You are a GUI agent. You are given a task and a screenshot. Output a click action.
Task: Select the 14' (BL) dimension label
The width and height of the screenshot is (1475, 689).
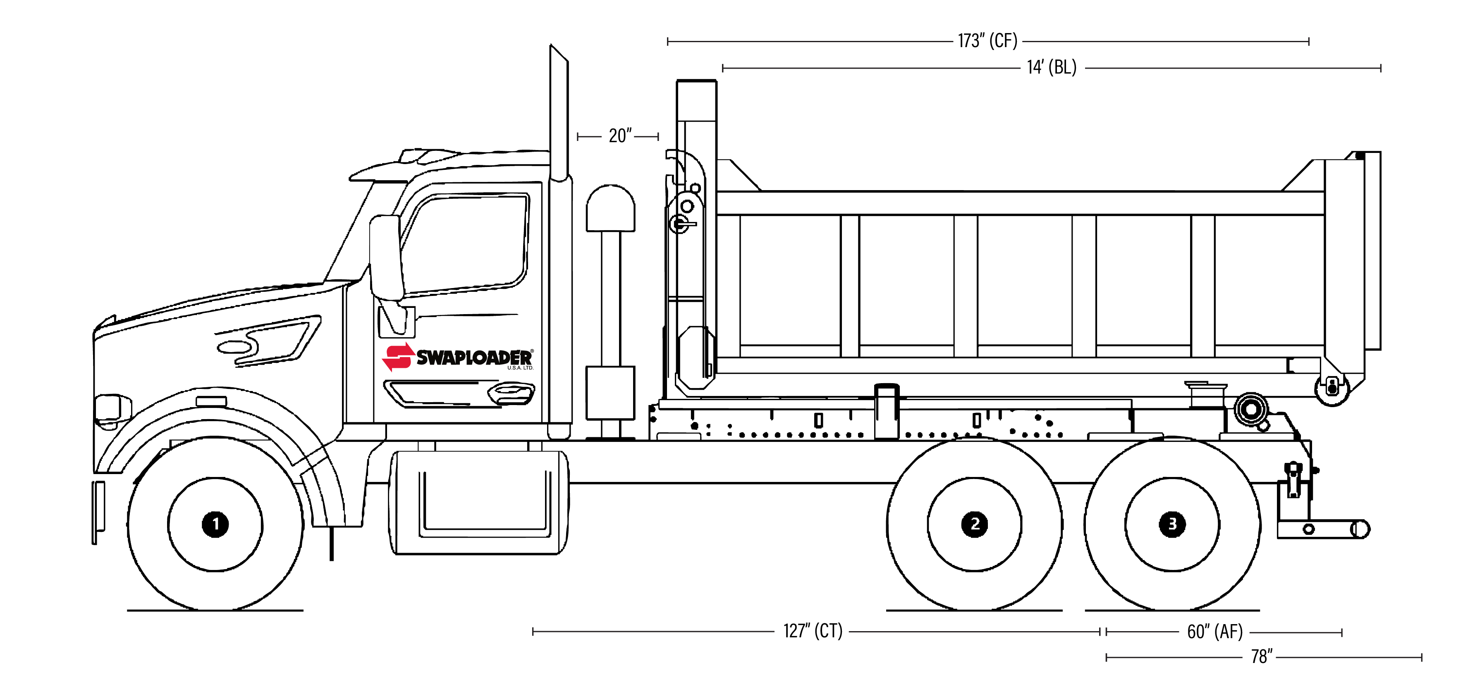coord(1051,67)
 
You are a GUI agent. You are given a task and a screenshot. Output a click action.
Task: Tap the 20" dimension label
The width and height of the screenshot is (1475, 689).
coord(619,136)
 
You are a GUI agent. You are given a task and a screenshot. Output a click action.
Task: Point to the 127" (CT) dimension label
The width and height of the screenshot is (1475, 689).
coord(813,631)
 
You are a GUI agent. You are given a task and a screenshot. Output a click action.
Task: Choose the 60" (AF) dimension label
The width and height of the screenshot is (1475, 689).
coord(1214,632)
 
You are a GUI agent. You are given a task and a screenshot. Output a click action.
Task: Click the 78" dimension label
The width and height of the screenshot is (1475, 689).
coord(1262,656)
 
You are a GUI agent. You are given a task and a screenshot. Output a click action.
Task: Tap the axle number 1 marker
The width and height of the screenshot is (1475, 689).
coord(215,524)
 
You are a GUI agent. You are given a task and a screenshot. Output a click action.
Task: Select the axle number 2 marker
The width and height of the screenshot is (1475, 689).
coord(975,524)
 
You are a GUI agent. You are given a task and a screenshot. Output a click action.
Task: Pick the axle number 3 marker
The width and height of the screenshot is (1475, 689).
coord(1171,524)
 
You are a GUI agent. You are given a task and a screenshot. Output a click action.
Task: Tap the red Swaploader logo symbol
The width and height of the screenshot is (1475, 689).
coord(397,357)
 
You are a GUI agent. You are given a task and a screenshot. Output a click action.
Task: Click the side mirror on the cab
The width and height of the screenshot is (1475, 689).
coord(386,257)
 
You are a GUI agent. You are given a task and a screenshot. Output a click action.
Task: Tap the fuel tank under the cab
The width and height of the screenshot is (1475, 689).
coord(479,503)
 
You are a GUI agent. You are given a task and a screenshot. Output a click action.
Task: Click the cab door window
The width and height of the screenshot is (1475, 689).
coord(467,243)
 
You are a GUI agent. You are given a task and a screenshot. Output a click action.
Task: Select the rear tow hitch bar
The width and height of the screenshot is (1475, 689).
coord(1323,529)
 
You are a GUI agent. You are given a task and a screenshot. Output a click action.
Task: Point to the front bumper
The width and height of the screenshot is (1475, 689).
coord(98,512)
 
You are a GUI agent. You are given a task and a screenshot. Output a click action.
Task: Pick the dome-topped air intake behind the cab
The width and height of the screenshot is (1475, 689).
coord(610,209)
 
